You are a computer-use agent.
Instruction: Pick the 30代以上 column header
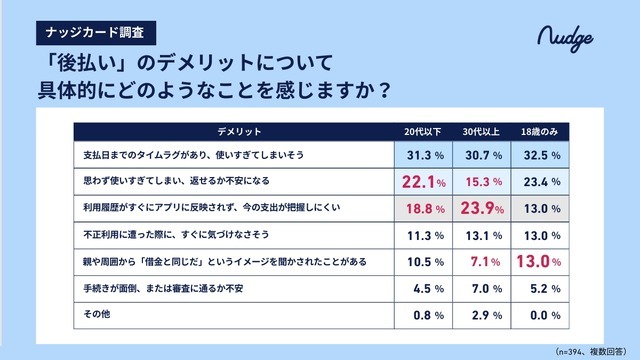click(x=480, y=132)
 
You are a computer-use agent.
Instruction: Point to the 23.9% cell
click(x=480, y=208)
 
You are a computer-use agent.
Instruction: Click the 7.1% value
click(x=480, y=261)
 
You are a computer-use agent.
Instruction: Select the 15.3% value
click(x=480, y=182)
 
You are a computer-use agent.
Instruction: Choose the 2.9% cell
click(x=480, y=314)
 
